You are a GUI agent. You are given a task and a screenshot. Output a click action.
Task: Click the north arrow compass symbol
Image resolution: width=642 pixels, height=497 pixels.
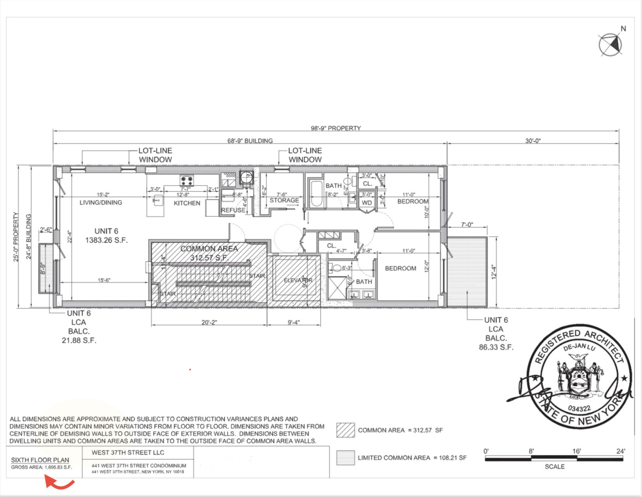[610, 45]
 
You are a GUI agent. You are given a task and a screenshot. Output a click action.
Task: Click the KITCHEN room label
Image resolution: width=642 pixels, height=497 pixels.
[187, 203]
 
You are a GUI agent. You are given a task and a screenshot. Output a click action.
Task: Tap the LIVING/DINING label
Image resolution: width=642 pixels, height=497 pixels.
[100, 203]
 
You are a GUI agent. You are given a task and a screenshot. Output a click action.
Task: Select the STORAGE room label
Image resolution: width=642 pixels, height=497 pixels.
[284, 201]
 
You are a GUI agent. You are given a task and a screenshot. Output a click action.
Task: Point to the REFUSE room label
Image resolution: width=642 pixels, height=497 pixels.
[233, 210]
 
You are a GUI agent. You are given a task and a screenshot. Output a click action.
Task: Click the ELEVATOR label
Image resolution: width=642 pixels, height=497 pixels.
[298, 280]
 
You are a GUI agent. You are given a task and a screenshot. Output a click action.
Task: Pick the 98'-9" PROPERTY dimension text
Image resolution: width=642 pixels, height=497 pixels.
[336, 128]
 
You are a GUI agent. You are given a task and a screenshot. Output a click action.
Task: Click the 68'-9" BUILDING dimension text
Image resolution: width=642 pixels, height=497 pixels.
[250, 141]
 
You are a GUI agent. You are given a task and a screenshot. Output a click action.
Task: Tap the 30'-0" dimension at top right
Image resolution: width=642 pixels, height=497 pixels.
[533, 141]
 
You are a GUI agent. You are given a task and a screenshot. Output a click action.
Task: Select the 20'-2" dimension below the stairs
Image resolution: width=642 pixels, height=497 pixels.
[209, 323]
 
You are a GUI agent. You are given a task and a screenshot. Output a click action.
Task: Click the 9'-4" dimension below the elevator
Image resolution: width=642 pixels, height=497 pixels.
[293, 323]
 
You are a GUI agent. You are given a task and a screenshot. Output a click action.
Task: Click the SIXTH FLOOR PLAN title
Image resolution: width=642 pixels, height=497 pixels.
[40, 460]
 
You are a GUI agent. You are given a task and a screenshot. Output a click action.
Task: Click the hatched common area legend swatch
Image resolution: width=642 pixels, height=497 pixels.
[345, 430]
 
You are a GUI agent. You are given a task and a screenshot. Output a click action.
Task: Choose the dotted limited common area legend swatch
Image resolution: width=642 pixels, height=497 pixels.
[345, 458]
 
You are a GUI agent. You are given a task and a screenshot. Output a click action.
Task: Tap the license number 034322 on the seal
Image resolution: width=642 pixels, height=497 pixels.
[579, 409]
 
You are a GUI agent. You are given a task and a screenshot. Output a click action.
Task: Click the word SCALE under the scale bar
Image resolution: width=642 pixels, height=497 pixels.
[554, 467]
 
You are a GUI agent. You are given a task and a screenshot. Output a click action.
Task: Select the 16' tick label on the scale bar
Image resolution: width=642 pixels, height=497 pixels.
[576, 451]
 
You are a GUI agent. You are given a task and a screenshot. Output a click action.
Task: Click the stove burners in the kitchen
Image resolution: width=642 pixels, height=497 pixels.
[186, 180]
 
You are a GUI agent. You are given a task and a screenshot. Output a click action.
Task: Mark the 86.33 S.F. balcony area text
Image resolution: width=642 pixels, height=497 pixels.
[496, 347]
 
